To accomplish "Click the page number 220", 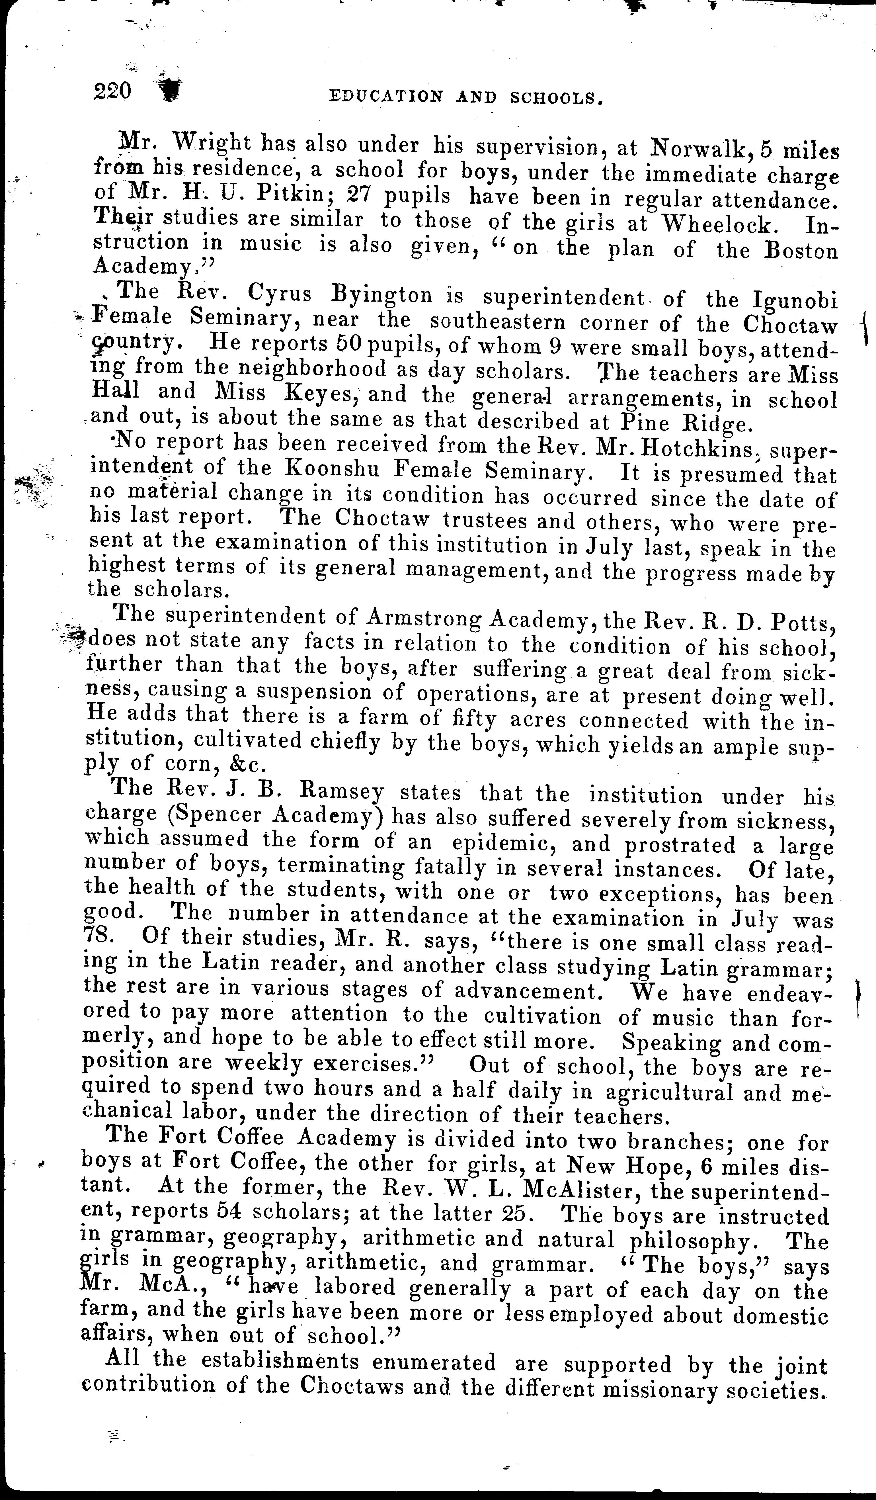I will pyautogui.click(x=112, y=91).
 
